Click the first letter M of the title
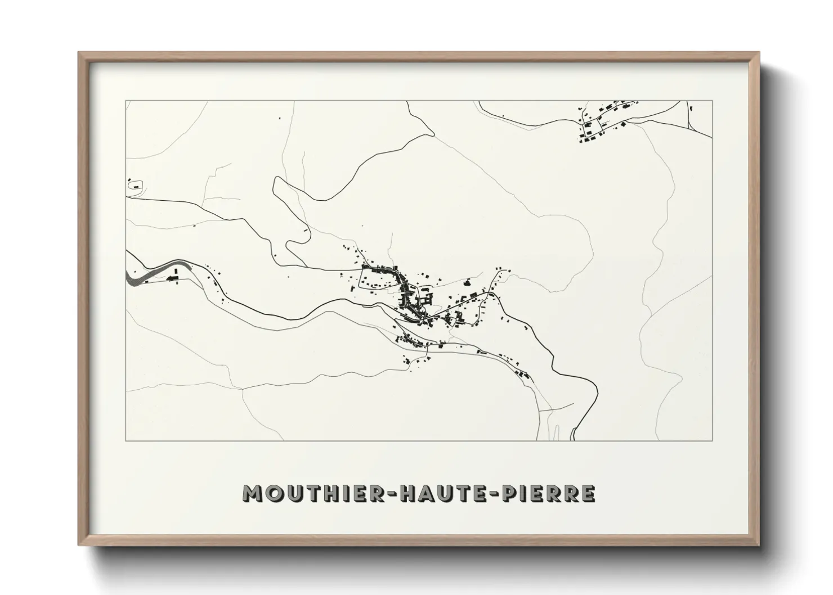point(251,494)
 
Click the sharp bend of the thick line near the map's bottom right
point(595,386)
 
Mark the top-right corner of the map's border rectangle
point(713,101)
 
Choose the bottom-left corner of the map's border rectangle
point(126,440)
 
